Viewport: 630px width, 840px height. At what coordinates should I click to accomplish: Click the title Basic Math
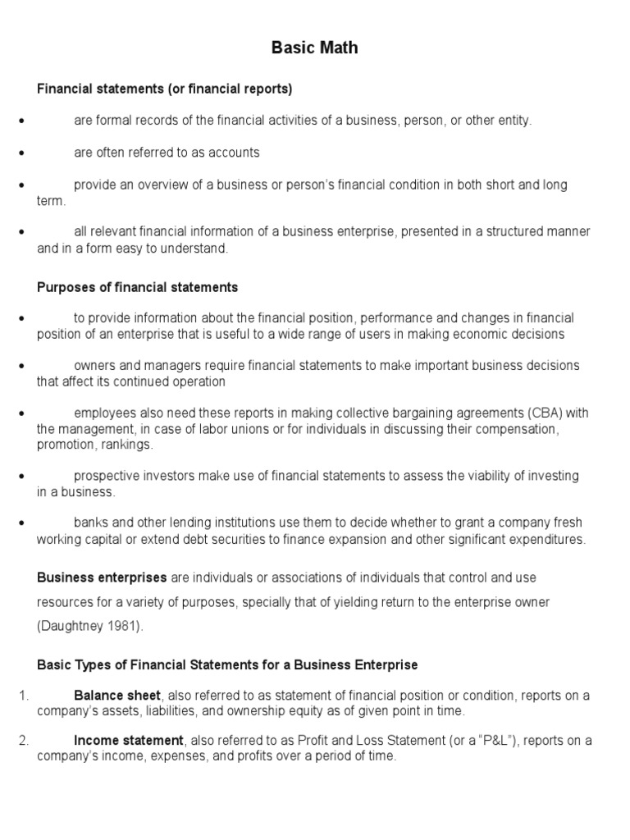(314, 48)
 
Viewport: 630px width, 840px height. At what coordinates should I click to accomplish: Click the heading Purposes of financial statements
(138, 287)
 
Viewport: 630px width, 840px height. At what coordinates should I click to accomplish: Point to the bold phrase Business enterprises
(102, 577)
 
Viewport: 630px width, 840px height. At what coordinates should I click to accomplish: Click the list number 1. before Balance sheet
(23, 696)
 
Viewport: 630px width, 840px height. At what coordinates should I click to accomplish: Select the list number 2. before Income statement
(23, 741)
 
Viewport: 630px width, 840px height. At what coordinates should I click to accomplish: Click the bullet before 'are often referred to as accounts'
(21, 153)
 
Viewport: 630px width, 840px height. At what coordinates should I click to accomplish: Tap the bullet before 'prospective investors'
(21, 477)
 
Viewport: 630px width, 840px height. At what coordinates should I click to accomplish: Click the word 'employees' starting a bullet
(103, 412)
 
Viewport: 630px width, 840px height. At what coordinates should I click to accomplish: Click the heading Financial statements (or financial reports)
(165, 89)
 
